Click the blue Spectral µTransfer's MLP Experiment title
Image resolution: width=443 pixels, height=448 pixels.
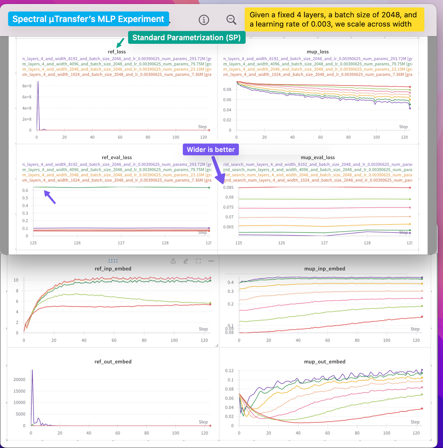coord(88,19)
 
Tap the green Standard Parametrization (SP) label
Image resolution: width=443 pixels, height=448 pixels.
coord(186,38)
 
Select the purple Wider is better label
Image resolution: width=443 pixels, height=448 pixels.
coord(211,149)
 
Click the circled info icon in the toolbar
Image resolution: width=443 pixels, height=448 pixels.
coord(204,20)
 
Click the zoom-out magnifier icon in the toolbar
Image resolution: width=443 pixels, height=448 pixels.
coord(231,20)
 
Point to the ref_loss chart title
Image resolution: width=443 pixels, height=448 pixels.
coord(117,52)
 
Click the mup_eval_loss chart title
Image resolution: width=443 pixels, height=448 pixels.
coord(318,157)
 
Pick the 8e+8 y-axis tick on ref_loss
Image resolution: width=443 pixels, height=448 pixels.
coord(27,86)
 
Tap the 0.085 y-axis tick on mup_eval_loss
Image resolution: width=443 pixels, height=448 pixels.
coord(228,187)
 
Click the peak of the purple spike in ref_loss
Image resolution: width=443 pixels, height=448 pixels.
coord(38,82)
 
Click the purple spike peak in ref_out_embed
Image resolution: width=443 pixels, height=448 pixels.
coord(33,370)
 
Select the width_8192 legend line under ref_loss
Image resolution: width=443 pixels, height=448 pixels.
coord(117,59)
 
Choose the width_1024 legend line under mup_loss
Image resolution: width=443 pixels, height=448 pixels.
coord(318,75)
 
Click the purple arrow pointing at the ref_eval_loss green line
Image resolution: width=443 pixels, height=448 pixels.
coord(50,197)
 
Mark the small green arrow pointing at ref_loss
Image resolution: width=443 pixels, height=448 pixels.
coord(120,43)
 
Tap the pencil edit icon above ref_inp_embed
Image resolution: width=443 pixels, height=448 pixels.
coord(186,261)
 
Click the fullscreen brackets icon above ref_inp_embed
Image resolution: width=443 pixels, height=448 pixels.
coord(199,261)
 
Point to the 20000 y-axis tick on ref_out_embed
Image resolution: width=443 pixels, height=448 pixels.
coord(19,379)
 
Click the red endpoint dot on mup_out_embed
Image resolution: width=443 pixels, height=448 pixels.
coord(422,408)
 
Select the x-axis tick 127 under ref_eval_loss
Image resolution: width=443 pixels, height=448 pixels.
coord(121,243)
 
